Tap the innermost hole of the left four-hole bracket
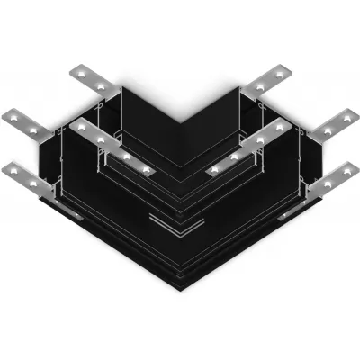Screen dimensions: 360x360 tap(142, 168)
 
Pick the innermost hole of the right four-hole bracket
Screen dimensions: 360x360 tap(217, 168)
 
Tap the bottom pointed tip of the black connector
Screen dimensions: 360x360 tap(180, 291)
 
